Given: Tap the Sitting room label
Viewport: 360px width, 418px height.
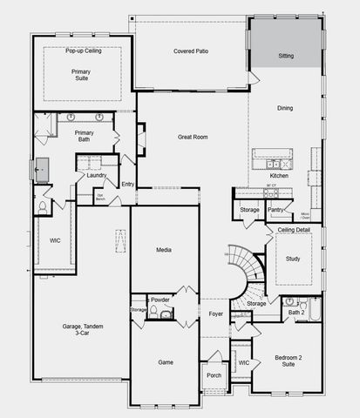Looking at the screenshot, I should point(285,56).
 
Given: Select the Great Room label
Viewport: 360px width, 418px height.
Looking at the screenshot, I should point(192,137).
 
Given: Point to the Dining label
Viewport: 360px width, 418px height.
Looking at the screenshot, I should point(285,109).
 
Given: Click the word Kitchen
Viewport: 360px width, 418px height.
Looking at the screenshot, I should point(279,175).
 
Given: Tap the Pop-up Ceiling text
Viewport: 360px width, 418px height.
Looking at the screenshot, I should point(84,51).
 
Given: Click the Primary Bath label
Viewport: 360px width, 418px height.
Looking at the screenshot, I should point(84,137).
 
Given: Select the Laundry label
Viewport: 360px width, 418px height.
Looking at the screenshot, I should point(96,175).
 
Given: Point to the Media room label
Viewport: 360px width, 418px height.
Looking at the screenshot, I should point(164,250).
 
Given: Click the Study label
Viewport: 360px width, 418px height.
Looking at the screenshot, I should point(293,258).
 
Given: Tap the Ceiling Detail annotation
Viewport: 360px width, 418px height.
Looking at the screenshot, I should point(294,229).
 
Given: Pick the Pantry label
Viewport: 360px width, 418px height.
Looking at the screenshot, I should point(275,209).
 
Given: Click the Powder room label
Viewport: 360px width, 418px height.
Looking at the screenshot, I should point(160,300).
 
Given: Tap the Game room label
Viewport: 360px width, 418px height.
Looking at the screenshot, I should point(165,361).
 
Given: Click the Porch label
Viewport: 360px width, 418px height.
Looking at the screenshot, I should point(214,375).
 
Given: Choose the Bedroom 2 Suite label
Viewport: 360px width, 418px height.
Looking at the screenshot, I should point(286,361).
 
